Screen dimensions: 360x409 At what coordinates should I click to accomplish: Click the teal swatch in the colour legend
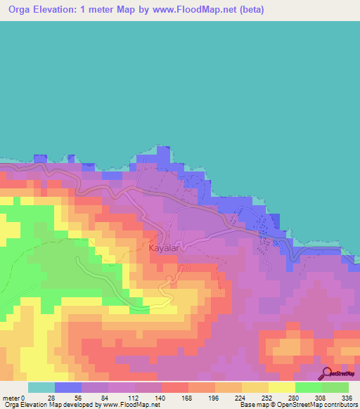tap(41, 387)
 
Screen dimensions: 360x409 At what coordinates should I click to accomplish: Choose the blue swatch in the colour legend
tap(68, 387)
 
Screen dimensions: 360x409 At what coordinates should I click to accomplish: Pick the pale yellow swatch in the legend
tap(282, 387)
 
